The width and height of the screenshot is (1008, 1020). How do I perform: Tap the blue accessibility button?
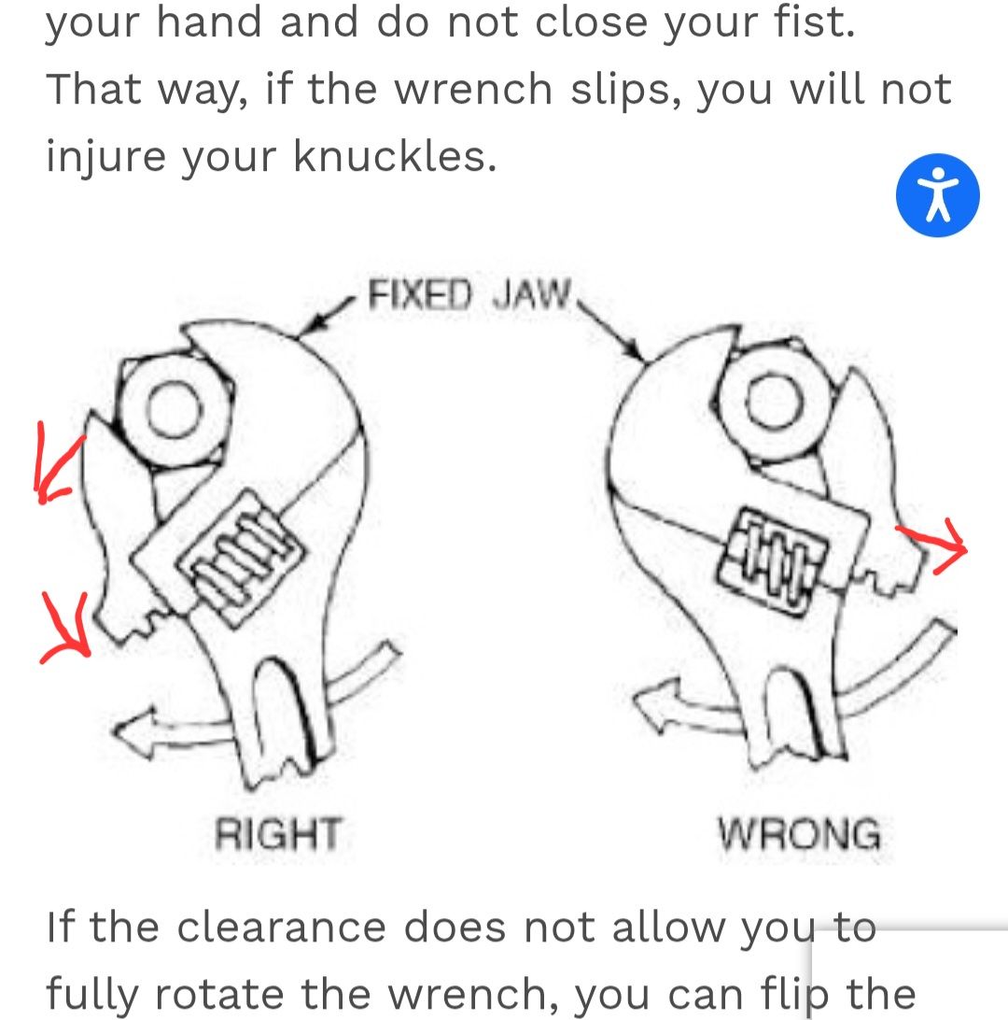(x=937, y=195)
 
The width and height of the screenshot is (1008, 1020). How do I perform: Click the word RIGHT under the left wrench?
(x=278, y=833)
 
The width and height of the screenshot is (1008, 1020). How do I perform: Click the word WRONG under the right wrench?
(x=799, y=833)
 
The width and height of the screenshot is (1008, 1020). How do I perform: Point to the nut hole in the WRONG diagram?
(x=774, y=400)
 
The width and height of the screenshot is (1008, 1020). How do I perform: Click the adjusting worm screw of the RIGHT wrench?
(x=241, y=557)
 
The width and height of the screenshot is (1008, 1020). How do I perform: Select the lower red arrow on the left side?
(x=66, y=626)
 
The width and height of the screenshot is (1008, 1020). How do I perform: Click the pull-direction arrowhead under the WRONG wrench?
(x=656, y=705)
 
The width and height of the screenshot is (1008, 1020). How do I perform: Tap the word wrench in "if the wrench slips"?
(x=473, y=89)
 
